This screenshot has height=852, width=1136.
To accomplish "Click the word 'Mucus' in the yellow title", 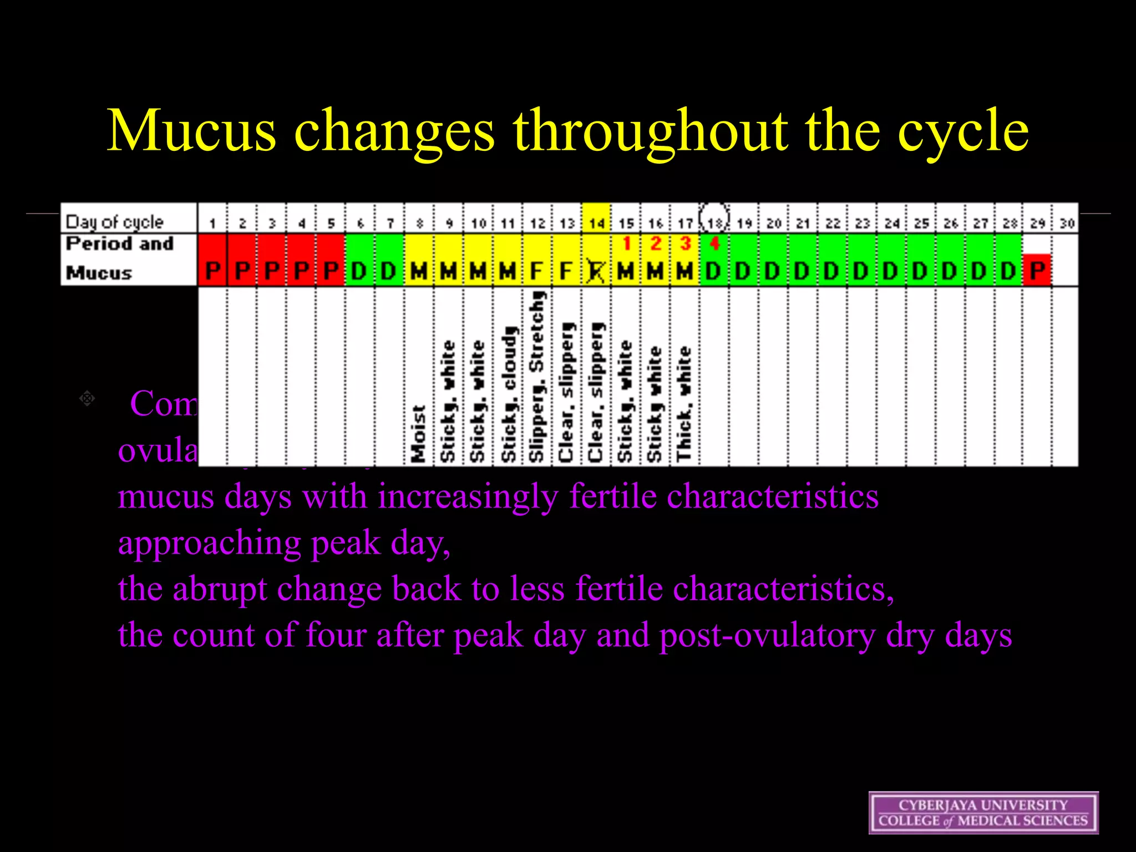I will click(x=191, y=131).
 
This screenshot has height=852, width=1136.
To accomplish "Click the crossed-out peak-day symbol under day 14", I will click(x=596, y=271).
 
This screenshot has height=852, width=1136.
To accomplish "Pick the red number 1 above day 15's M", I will click(x=626, y=244).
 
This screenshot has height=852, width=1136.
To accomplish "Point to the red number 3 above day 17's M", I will click(x=685, y=244).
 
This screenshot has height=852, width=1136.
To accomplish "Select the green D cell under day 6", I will click(x=359, y=271).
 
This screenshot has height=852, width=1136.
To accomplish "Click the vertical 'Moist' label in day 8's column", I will click(x=419, y=433).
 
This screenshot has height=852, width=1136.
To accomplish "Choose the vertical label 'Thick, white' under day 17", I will click(x=684, y=404).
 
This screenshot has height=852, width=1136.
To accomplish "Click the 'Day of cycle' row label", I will click(x=115, y=222).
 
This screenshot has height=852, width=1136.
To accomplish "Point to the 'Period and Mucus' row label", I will click(x=119, y=258).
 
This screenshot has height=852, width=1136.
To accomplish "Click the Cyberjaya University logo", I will click(x=983, y=813).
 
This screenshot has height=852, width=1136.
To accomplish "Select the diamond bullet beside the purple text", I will click(x=87, y=398).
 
